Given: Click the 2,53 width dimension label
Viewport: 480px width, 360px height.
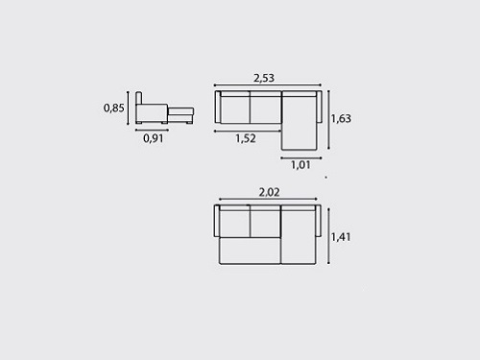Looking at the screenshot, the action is coord(264,78).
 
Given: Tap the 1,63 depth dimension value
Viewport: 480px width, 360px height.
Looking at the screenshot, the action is coord(341,118).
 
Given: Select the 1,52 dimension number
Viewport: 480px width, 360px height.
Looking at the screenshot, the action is coord(246,138).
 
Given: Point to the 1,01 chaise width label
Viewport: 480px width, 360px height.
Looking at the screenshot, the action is coord(300,165).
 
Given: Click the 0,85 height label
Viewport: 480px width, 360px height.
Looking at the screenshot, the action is coord(113,108).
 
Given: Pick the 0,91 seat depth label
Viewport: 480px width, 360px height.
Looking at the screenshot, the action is coord(154,138).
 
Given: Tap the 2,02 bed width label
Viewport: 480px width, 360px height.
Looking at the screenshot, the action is coord(269,192).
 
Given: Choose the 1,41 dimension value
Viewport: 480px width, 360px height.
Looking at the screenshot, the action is coord(341,237).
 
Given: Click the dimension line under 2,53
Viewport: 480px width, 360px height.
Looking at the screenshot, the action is coord(268,85).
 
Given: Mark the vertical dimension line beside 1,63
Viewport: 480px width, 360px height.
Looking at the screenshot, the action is coord(328,120).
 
